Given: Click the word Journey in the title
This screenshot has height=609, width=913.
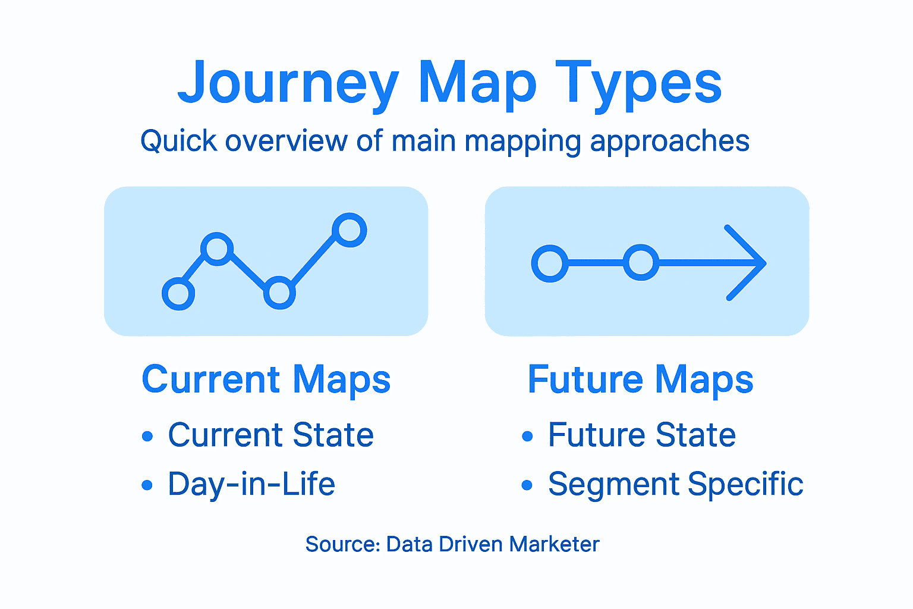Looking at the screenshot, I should pyautogui.click(x=288, y=83).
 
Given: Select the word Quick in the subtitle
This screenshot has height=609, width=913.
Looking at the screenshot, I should pyautogui.click(x=178, y=142).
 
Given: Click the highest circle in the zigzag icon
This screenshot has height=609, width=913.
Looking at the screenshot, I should pyautogui.click(x=350, y=230).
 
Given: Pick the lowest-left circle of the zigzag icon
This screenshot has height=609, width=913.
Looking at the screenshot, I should pyautogui.click(x=178, y=293).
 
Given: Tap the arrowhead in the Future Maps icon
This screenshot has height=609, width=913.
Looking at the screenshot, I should pyautogui.click(x=749, y=262).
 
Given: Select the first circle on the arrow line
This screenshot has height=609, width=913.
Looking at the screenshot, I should pyautogui.click(x=550, y=263).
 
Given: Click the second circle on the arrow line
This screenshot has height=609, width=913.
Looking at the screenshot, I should pyautogui.click(x=641, y=262).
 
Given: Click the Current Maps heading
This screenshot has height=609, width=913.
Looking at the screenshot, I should pyautogui.click(x=266, y=379).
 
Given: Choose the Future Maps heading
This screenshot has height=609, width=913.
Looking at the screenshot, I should pyautogui.click(x=640, y=379).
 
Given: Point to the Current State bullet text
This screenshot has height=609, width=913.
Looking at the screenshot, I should pyautogui.click(x=270, y=435).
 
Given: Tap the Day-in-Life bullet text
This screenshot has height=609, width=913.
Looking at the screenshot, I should pyautogui.click(x=251, y=484).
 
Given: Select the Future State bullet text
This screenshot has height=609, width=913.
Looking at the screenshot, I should pyautogui.click(x=642, y=435).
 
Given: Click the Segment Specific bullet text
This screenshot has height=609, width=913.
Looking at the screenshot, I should pyautogui.click(x=675, y=484).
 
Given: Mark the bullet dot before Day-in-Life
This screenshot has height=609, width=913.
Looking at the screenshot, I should pyautogui.click(x=147, y=485).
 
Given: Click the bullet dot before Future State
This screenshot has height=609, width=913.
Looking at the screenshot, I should pyautogui.click(x=527, y=436).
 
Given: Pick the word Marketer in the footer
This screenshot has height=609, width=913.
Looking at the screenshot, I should pyautogui.click(x=554, y=544).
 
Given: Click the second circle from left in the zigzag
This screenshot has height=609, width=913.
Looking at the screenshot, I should pyautogui.click(x=217, y=249).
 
